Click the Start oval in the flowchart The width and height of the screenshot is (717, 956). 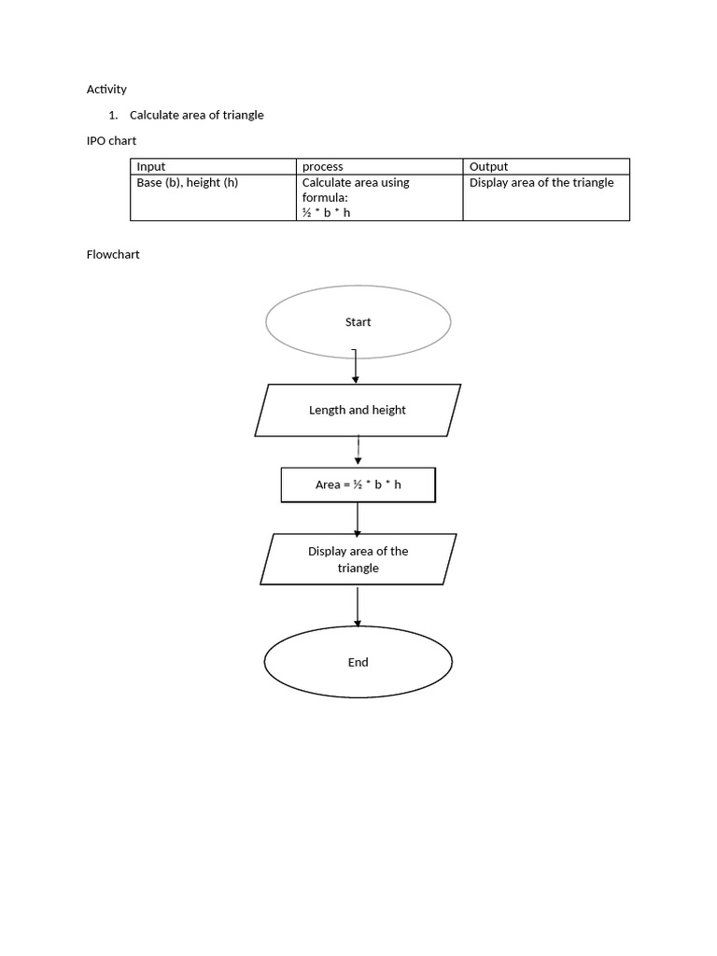[x=358, y=322]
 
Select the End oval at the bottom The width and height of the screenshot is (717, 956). [x=358, y=663]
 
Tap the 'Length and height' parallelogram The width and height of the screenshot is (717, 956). [x=358, y=410]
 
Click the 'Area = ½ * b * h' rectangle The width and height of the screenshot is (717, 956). [x=358, y=485]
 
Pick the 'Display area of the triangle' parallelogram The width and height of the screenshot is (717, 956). [x=358, y=559]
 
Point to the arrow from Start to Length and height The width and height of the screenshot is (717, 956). [x=356, y=366]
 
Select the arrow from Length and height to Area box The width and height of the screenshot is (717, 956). [x=358, y=451]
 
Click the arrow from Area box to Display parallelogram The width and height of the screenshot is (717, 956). [x=358, y=518]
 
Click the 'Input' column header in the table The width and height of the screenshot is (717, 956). [x=151, y=166]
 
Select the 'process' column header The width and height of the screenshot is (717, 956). [x=322, y=166]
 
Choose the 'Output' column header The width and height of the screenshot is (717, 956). [x=488, y=166]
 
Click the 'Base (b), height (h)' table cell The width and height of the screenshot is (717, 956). [x=188, y=182]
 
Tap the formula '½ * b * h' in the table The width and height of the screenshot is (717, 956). [x=326, y=213]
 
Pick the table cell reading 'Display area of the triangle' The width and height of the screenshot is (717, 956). [x=541, y=182]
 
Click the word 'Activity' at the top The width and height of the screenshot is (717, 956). [x=106, y=90]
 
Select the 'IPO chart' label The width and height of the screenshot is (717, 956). [x=111, y=141]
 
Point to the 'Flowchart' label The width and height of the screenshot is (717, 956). [x=113, y=254]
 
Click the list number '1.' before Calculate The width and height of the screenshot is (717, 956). [x=113, y=115]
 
